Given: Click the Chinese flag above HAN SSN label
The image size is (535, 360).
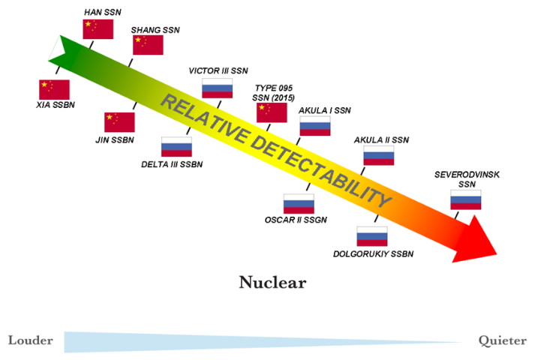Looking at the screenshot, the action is click(98, 29).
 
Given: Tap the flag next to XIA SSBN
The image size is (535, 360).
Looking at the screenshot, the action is click(54, 89).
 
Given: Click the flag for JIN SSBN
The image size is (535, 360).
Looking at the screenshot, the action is click(119, 122).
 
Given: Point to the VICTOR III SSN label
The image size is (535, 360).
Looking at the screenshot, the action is click(218, 70).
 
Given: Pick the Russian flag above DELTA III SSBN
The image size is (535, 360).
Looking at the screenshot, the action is click(176, 146).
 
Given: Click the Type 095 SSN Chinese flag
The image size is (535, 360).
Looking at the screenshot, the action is click(272, 112).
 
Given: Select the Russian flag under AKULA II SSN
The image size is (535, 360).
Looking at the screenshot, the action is click(379, 154).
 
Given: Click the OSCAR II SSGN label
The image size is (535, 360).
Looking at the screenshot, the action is click(296, 220).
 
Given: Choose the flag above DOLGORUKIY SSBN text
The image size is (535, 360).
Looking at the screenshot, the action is click(371, 236).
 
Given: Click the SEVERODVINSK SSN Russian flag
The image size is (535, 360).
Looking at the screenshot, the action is click(465, 199).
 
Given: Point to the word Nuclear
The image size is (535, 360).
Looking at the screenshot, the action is click(273, 282).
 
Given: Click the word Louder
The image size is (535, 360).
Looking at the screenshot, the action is click(30, 340).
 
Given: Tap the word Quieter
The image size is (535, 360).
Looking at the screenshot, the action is click(502, 340).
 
